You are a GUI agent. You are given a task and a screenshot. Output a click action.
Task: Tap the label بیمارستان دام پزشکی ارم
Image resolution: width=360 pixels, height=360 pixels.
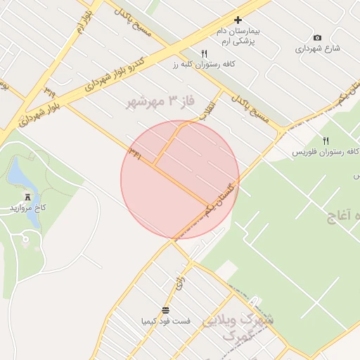(237, 37)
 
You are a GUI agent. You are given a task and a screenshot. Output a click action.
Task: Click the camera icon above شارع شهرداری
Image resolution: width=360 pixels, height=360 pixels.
(317, 37)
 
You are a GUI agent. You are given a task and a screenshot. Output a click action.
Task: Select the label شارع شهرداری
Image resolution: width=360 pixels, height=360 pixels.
(317, 49)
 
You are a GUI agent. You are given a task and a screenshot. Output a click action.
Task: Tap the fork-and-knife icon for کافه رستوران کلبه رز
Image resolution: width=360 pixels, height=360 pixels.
(205, 53)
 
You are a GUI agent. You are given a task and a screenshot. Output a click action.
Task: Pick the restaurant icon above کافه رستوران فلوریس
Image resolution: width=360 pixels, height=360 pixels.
(325, 141)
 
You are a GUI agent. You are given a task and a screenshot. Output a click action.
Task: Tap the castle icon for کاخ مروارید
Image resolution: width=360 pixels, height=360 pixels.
(27, 196)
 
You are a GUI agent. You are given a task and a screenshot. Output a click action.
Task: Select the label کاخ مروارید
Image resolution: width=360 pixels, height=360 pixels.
(27, 209)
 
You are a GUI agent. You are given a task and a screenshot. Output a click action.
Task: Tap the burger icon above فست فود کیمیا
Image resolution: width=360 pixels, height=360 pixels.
(165, 309)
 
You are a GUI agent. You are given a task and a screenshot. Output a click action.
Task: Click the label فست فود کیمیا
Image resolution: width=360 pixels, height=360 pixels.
(165, 321)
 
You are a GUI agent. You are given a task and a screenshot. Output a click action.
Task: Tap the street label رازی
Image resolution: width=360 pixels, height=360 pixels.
(180, 283)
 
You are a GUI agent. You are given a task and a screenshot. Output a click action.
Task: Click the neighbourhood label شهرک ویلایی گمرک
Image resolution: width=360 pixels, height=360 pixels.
(238, 328)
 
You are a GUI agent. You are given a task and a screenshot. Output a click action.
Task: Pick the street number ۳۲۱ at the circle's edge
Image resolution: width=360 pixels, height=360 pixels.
(135, 154)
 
